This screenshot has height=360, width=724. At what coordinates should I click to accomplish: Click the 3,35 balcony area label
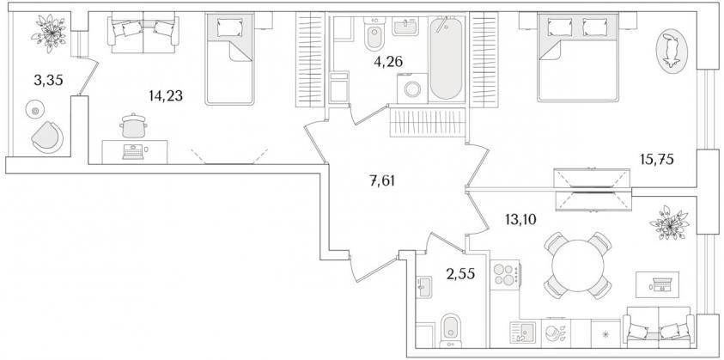(x=48, y=81)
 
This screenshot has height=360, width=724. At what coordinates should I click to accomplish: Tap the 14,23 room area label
(x=166, y=95)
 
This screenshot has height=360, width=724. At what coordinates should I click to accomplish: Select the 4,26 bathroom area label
(x=388, y=62)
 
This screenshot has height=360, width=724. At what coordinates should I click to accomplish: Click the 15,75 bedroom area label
(x=656, y=160)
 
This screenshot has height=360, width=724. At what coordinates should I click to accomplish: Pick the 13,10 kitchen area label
(x=520, y=219)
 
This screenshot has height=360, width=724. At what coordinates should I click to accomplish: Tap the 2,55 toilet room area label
(x=459, y=274)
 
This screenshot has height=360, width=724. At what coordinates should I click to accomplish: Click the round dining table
(x=578, y=265)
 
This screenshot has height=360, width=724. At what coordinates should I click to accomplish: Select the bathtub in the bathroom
(x=446, y=58)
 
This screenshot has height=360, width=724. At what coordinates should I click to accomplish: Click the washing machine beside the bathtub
(x=412, y=88)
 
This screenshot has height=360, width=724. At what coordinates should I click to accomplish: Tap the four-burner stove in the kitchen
(x=505, y=275)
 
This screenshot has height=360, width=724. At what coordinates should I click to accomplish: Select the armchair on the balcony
(x=47, y=137)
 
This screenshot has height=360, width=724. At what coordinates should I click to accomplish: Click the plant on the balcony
(x=48, y=33)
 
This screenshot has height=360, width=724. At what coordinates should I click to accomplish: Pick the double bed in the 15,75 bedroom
(x=578, y=58)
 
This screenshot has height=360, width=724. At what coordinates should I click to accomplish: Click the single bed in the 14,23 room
(x=230, y=58)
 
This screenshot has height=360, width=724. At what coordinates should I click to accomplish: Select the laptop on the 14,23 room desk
(x=133, y=152)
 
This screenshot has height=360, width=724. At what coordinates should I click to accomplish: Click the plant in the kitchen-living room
(x=669, y=223)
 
